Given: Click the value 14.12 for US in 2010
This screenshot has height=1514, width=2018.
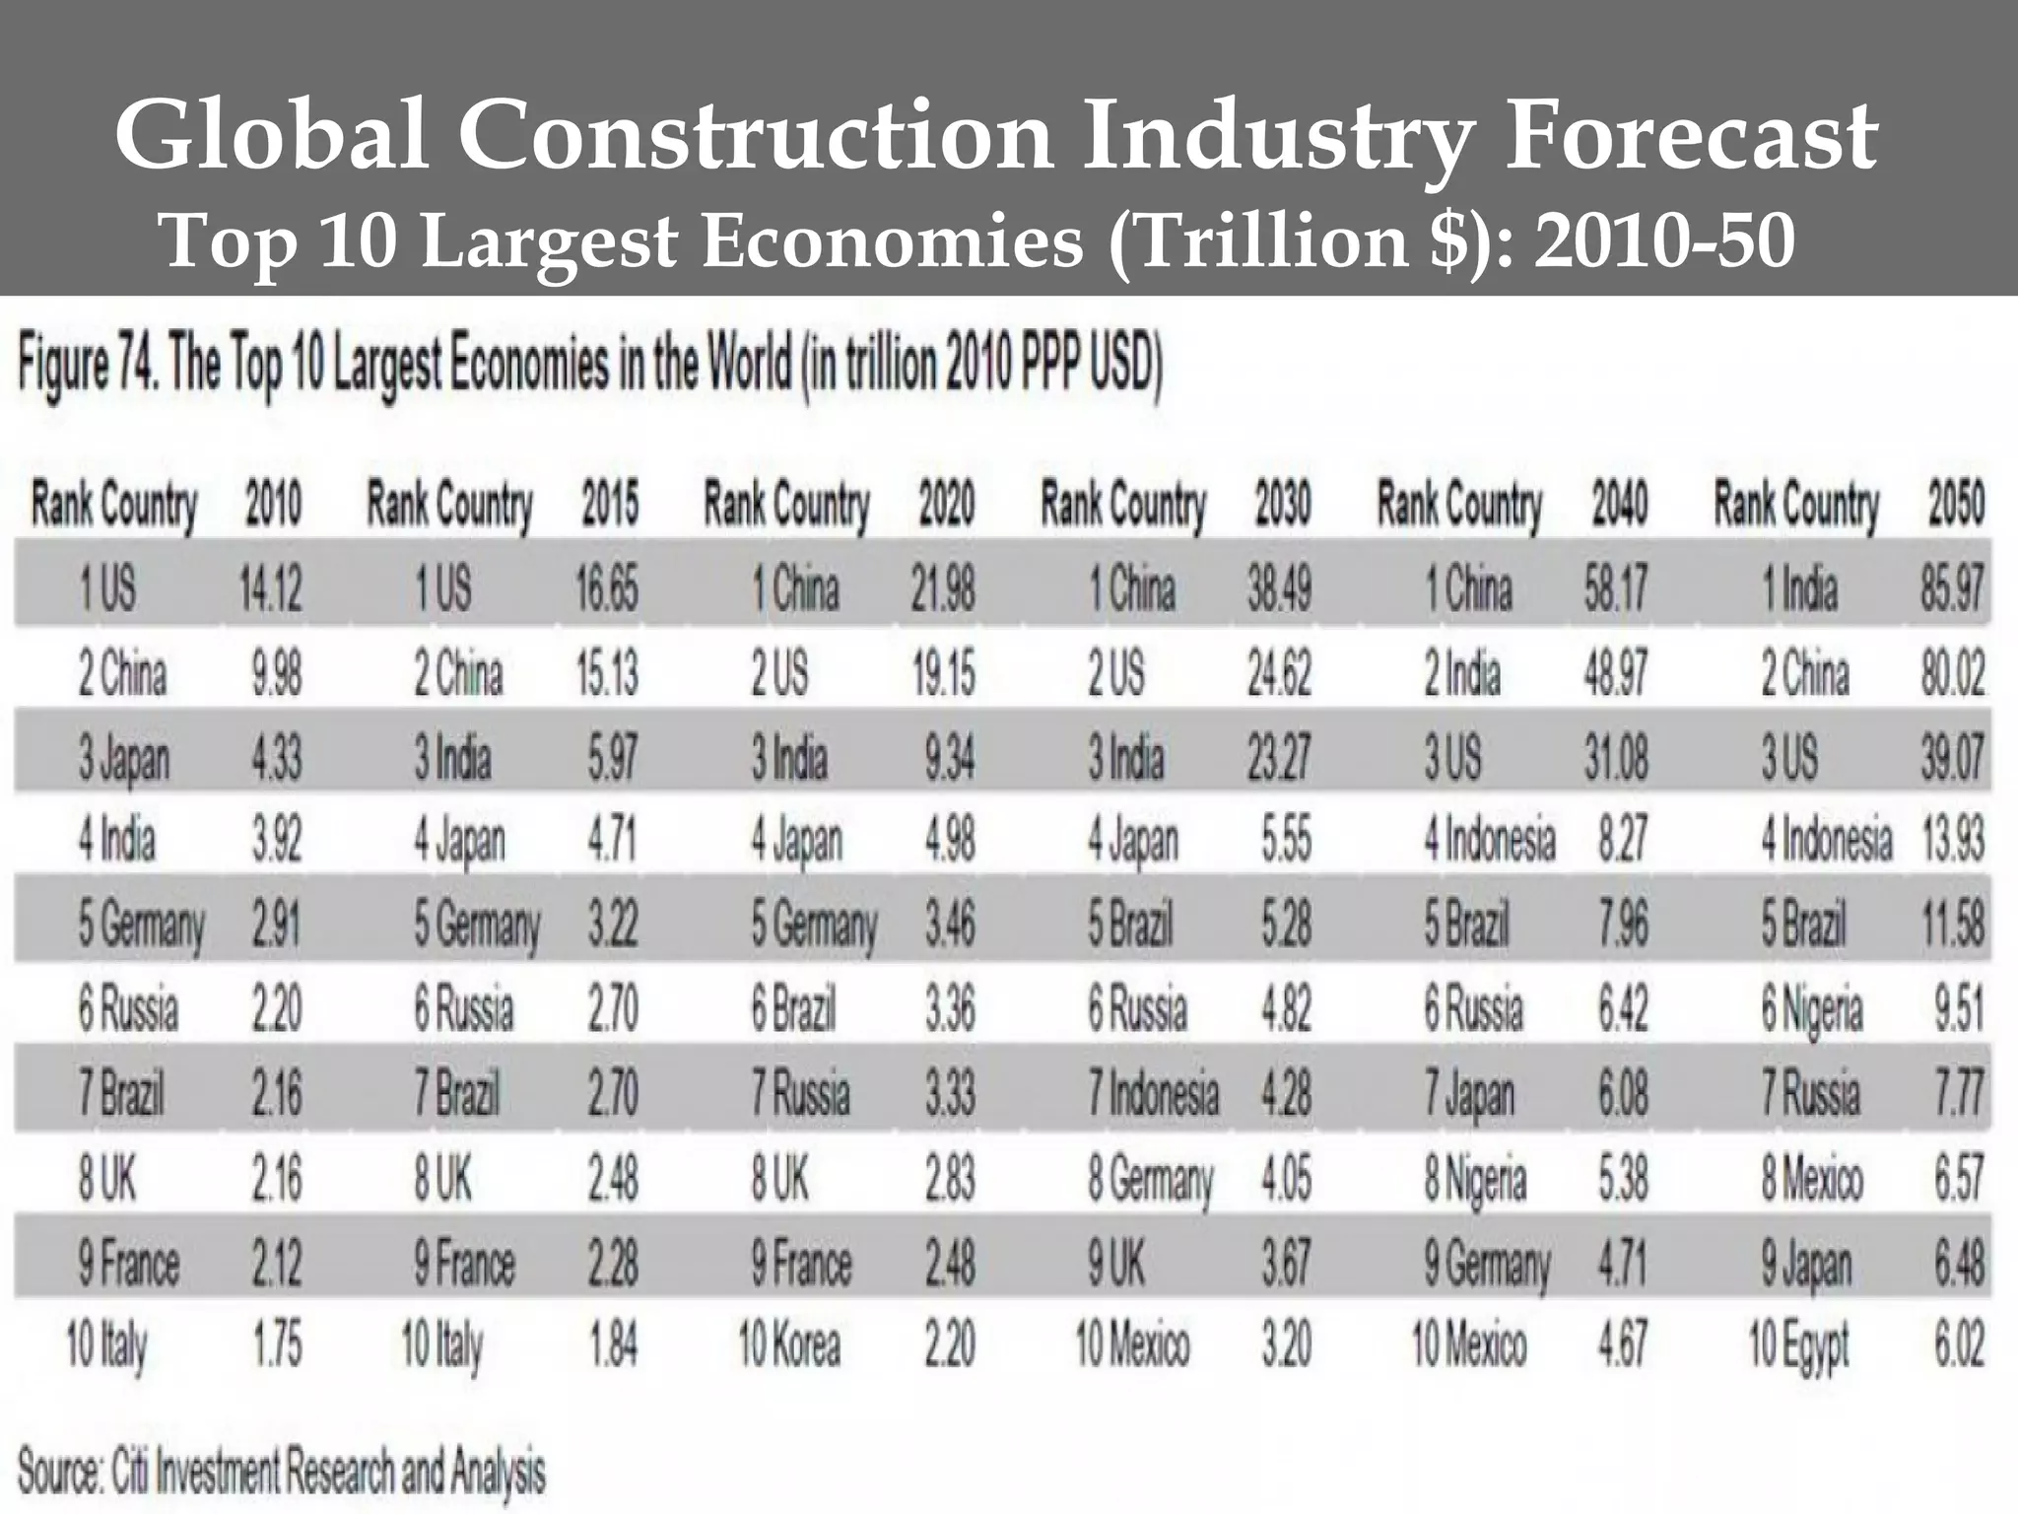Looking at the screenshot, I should click(x=270, y=589).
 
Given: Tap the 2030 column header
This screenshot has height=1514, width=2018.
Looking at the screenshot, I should click(x=1282, y=504).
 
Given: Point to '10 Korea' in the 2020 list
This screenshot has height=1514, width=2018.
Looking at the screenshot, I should click(x=789, y=1344).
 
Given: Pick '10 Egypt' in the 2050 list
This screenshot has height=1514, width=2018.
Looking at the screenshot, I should click(x=1798, y=1346).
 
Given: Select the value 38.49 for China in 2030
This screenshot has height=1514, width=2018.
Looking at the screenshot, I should click(x=1279, y=589).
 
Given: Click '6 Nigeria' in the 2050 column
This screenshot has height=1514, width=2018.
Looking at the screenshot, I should click(x=1812, y=1010).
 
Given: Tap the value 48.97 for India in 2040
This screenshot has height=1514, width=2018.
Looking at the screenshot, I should click(x=1615, y=674).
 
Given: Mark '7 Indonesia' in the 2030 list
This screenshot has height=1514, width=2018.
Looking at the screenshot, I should click(x=1153, y=1094).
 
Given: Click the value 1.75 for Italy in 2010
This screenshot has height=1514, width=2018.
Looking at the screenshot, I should click(x=277, y=1344).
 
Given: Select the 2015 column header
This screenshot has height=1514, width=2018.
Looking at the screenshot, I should click(x=610, y=504).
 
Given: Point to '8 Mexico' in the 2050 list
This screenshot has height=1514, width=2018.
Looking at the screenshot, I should click(x=1812, y=1179).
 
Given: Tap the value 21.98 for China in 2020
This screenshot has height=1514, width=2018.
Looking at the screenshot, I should click(x=943, y=589).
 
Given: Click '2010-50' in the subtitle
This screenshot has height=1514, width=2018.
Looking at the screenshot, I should click(x=1664, y=241).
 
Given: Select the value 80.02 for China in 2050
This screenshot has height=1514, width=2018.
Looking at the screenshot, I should click(x=1952, y=674).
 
